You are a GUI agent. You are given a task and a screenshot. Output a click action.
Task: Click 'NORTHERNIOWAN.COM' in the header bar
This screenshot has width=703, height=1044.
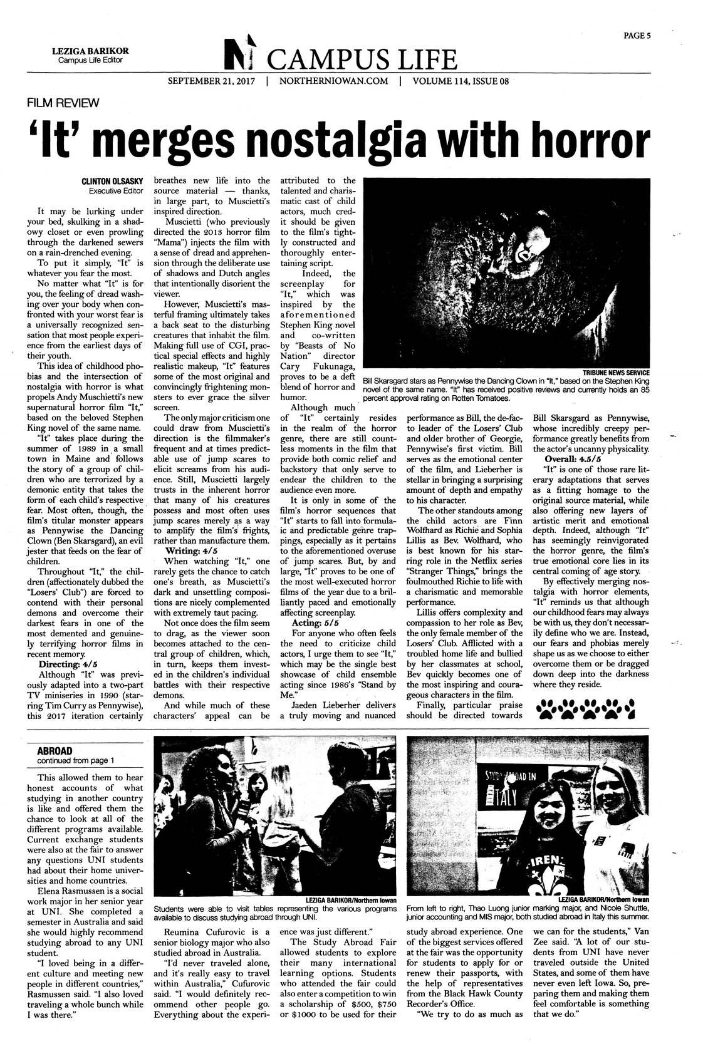[334, 81]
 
